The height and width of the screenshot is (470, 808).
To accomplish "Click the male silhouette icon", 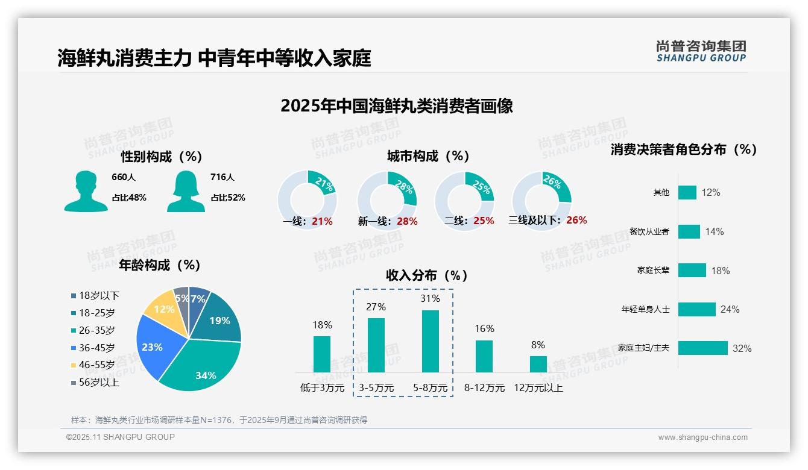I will pyautogui.click(x=86, y=191).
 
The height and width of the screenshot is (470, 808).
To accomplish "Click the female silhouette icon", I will pyautogui.click(x=186, y=191).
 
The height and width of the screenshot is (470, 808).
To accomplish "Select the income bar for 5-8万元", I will pyautogui.click(x=431, y=341).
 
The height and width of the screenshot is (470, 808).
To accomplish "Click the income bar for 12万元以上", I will pyautogui.click(x=538, y=364).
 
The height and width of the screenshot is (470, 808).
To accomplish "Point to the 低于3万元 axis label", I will pyautogui.click(x=322, y=388).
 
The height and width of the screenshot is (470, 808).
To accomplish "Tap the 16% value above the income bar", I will pyautogui.click(x=484, y=329).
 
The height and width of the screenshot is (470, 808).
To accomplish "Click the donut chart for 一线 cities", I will pyautogui.click(x=308, y=200).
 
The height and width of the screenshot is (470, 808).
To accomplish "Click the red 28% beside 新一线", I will pyautogui.click(x=407, y=221).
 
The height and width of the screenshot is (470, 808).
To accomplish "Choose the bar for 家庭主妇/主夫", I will pyautogui.click(x=703, y=348).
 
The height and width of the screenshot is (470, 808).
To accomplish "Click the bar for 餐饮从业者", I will pyautogui.click(x=689, y=231).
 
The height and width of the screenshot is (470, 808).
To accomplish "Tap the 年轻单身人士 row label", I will pyautogui.click(x=645, y=309).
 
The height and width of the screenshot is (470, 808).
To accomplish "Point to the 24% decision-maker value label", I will pyautogui.click(x=730, y=309).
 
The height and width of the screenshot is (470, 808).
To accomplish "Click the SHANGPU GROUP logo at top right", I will pyautogui.click(x=701, y=51).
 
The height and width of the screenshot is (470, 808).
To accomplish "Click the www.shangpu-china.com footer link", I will pyautogui.click(x=702, y=437).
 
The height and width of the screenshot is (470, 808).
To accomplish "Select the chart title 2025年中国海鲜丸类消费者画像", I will pyautogui.click(x=397, y=106).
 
